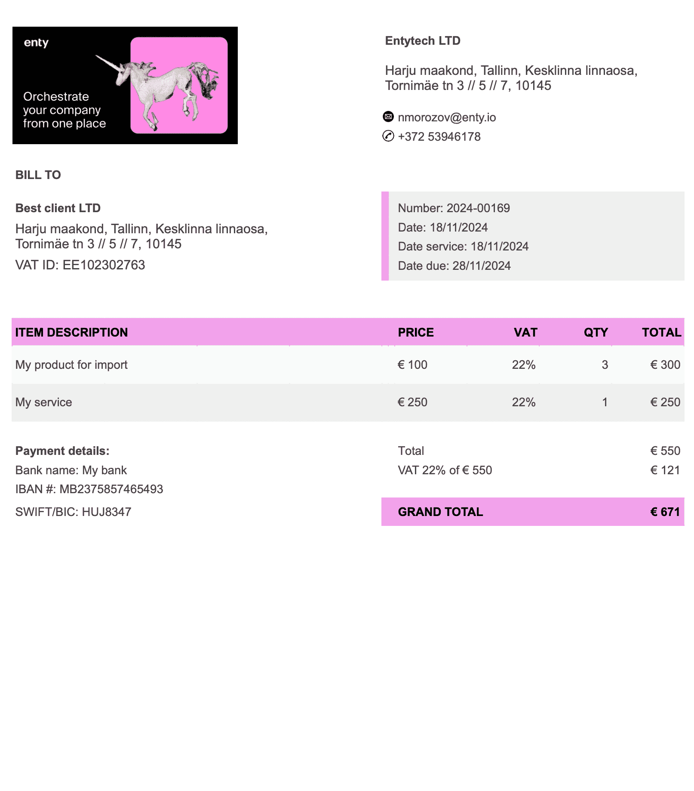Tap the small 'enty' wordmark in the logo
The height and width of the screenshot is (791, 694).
[x=36, y=43]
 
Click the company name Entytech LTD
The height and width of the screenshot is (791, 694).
[x=423, y=41]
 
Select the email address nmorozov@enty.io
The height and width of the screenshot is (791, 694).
[x=447, y=117]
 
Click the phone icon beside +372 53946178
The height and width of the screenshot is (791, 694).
[x=388, y=136]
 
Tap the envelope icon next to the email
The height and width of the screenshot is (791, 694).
[x=388, y=117]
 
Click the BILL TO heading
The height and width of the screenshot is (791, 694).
[x=38, y=175]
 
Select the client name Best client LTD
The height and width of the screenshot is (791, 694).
[x=58, y=208]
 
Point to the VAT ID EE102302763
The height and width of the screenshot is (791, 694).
[x=104, y=265]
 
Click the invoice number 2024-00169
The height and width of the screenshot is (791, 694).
[x=478, y=208]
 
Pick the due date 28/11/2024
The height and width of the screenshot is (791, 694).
[x=482, y=266]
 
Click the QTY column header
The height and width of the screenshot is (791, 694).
[x=596, y=332]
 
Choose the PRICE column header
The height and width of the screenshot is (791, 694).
[x=416, y=332]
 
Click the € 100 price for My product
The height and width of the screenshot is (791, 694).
[x=412, y=365]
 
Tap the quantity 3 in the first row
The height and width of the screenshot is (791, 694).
[x=605, y=365]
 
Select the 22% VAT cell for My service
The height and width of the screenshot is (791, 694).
[x=523, y=402]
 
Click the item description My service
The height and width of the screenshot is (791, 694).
[x=44, y=402]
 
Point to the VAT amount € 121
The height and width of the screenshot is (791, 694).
[x=665, y=470]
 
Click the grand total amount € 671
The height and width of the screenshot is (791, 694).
[x=665, y=512]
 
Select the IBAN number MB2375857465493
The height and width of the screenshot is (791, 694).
[x=111, y=489]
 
